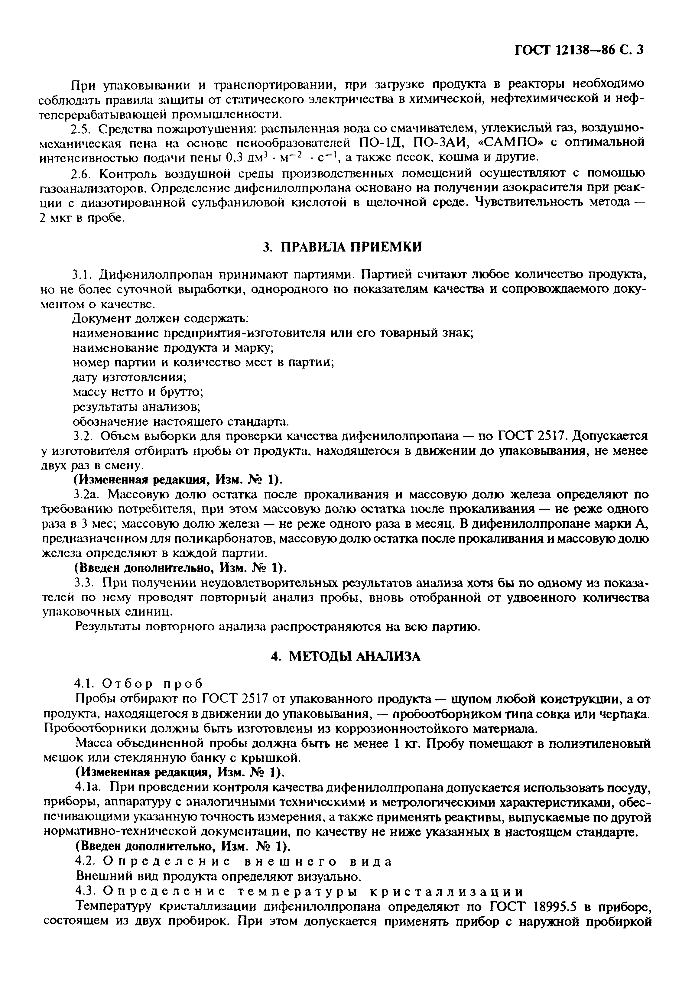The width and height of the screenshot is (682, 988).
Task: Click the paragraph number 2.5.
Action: coord(84,128)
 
